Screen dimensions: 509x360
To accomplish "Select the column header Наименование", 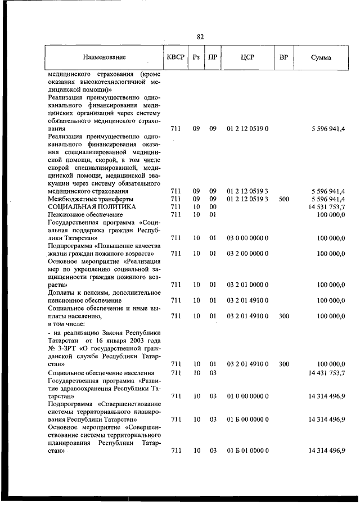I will coord(104,57).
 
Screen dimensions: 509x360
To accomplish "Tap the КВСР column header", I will coord(175,57).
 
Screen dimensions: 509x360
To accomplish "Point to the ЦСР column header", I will coord(247,57).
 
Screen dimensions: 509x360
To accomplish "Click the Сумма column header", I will coord(321,57).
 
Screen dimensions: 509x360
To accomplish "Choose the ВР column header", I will coord(284,57).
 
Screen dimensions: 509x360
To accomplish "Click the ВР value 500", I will coord(284,199).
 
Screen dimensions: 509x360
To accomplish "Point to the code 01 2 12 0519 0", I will coord(247,129).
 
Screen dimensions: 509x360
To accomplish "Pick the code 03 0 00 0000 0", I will coord(247,238).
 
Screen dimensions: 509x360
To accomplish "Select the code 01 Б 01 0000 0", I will coord(247,451).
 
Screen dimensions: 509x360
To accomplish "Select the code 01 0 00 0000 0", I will coord(247,396).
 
